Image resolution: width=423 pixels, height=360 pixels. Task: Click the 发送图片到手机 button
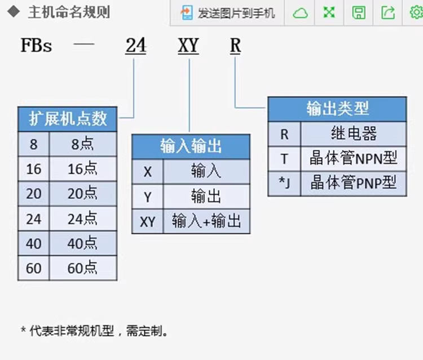(x=228, y=12)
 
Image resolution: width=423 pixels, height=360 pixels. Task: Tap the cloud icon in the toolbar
(x=301, y=12)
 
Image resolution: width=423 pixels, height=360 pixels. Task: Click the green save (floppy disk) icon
(x=359, y=12)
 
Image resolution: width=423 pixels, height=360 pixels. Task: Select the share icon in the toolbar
(x=388, y=12)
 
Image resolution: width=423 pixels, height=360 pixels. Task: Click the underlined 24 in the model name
(x=136, y=46)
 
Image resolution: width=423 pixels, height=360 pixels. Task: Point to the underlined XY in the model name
(x=188, y=46)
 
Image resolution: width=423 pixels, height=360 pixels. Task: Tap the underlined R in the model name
(x=235, y=46)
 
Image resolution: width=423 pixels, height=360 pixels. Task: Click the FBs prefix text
(x=36, y=46)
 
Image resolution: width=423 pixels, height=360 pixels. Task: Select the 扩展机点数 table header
(x=68, y=119)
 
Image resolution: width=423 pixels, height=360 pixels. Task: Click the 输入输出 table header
(x=191, y=146)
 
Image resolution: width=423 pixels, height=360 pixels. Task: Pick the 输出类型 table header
(x=337, y=109)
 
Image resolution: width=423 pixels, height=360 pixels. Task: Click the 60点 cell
(x=83, y=268)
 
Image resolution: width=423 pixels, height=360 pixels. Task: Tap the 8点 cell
(x=83, y=144)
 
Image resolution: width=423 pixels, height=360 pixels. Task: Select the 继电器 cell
(x=353, y=134)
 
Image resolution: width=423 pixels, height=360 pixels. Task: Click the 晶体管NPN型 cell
(x=353, y=158)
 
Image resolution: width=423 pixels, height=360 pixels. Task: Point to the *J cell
(x=284, y=183)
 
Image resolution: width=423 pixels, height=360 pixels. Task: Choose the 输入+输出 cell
(x=206, y=221)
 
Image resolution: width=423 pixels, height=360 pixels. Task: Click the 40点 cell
(x=83, y=243)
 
